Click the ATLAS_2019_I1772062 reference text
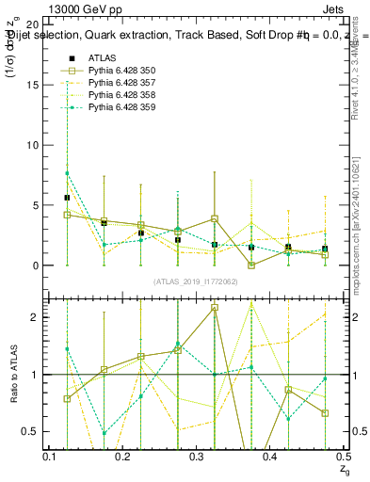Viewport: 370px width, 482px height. coord(197,281)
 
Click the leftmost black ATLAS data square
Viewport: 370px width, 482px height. coord(67,198)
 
